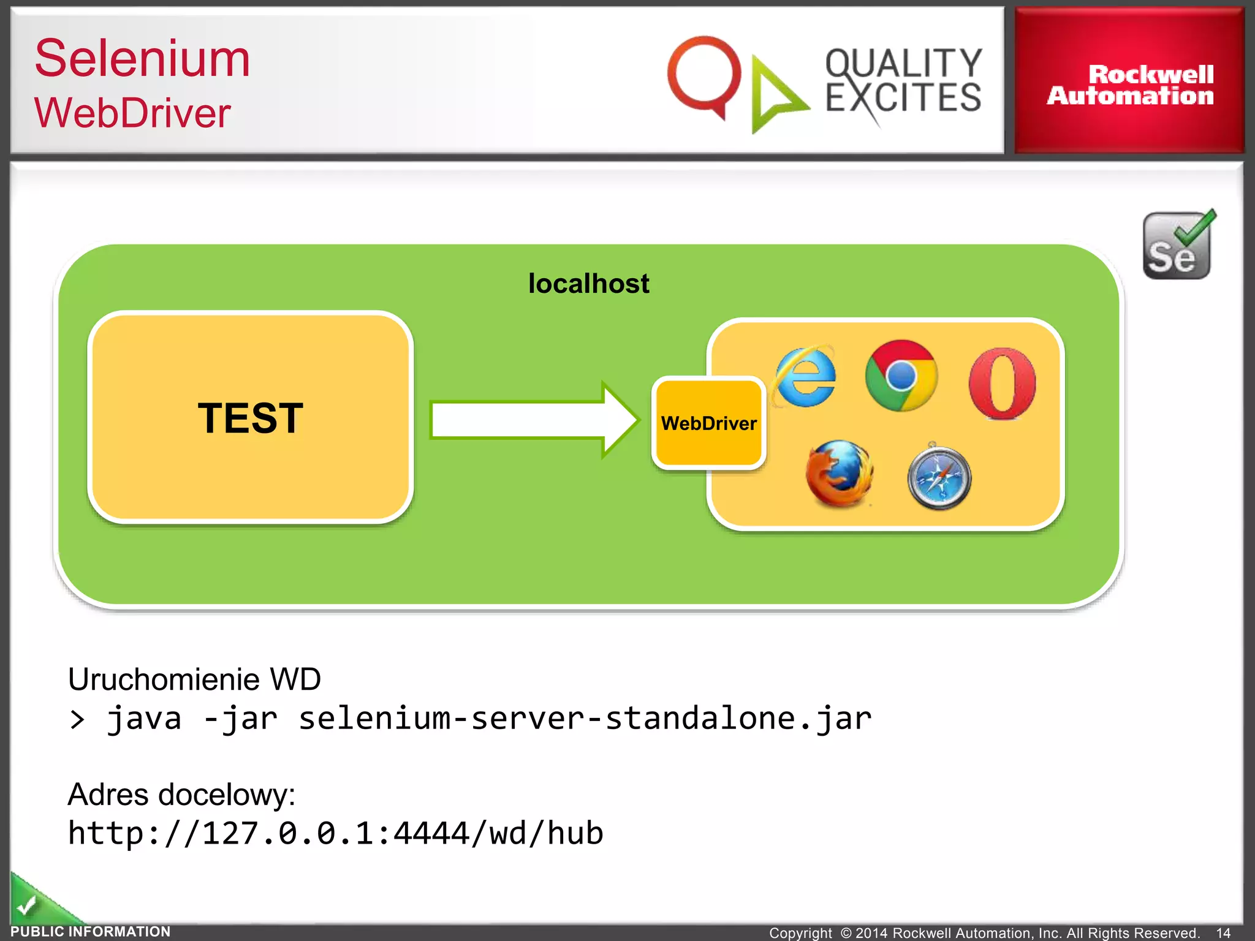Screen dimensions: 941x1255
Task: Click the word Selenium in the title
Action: point(142,59)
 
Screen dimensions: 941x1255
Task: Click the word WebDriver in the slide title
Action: point(132,113)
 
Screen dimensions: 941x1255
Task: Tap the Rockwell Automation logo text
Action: point(1130,85)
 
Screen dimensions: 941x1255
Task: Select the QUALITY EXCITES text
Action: point(903,81)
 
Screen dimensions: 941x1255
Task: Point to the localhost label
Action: point(588,284)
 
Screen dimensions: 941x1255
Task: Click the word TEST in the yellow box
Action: point(250,418)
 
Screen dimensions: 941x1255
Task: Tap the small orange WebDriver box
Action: point(708,423)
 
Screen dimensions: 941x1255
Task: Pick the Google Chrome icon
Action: point(901,376)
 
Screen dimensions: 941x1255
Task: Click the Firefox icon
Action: point(839,474)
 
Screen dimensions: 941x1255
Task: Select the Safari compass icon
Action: point(939,478)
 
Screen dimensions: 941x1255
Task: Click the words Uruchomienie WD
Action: point(194,679)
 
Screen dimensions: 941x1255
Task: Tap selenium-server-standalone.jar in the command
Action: point(584,718)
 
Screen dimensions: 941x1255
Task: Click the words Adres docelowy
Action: point(181,795)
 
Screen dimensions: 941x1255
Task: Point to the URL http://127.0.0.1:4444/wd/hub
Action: point(335,834)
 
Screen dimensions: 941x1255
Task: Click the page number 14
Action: point(1223,932)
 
